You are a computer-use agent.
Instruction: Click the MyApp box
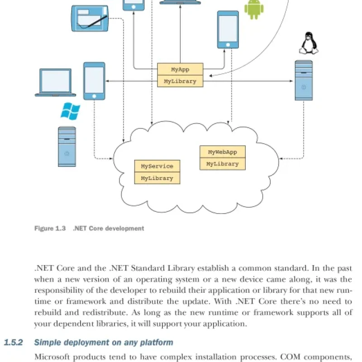180,69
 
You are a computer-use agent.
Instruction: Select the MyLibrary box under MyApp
180,81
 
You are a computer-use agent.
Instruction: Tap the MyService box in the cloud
157,166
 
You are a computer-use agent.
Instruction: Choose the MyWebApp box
223,152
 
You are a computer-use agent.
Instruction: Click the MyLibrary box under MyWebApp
223,164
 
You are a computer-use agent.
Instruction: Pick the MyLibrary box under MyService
157,178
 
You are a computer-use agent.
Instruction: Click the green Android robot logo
254,9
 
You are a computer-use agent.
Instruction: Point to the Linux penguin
309,43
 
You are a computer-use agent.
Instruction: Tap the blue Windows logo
70,111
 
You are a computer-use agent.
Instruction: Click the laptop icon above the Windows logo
55,82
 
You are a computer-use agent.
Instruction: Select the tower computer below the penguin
304,81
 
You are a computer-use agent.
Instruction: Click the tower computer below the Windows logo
67,147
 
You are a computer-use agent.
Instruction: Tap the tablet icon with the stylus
90,19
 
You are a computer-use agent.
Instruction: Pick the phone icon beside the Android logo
228,29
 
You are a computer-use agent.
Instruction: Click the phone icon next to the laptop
94,81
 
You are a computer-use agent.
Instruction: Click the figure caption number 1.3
61,229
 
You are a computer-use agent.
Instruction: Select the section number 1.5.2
14,342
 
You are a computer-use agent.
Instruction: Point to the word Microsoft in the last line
52,357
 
